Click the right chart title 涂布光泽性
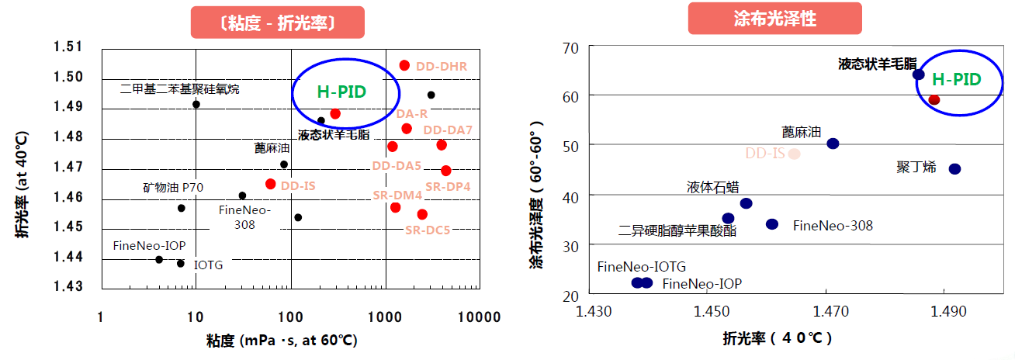pos(774,19)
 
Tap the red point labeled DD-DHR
pos(404,65)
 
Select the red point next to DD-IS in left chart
pos(270,184)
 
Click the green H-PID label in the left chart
pos(341,92)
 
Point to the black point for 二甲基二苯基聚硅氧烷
pos(196,104)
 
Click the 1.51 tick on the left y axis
pos(68,47)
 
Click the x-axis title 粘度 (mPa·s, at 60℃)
pos(272,341)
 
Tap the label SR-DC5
pos(428,230)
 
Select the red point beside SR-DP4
pos(445,171)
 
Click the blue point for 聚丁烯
pos(954,168)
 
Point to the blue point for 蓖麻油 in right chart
pos(833,144)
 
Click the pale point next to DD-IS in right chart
pos(794,154)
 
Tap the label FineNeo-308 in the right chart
pos(833,226)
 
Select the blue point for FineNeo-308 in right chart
pos(772,224)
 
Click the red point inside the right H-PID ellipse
pos(934,100)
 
